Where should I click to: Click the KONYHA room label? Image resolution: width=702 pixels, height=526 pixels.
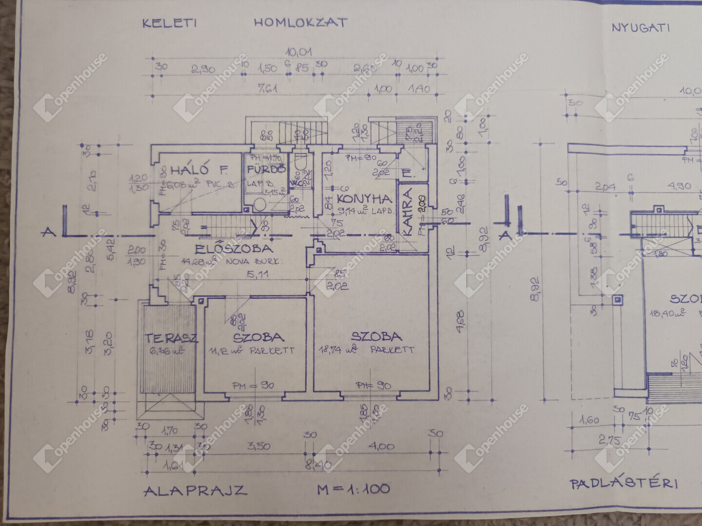coord(365,199)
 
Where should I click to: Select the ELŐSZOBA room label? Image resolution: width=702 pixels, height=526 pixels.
coord(234,249)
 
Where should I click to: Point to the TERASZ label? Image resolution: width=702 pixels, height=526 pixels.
coord(171,338)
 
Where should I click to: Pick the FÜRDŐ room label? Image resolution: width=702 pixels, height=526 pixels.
coord(266,169)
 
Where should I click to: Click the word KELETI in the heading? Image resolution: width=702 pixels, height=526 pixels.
coord(169,23)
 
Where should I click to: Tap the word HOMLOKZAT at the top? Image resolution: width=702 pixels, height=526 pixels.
coord(300,22)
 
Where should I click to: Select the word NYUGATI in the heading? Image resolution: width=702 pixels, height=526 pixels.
coord(641,27)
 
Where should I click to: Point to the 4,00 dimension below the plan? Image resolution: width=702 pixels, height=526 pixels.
coord(382,446)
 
